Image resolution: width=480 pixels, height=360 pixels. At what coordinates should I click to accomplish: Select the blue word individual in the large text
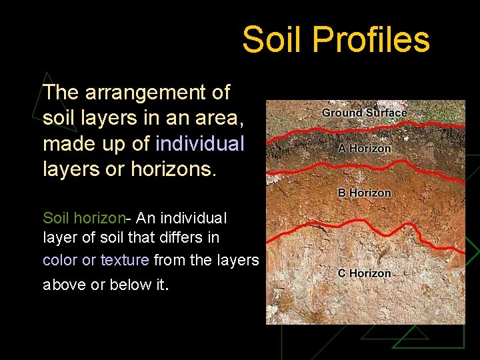tap(200, 143)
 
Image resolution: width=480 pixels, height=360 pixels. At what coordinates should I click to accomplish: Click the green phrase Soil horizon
tap(84, 218)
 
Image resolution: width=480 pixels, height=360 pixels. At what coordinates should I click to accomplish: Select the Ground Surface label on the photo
tap(364, 113)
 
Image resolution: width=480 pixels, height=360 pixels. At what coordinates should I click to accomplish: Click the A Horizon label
tap(364, 149)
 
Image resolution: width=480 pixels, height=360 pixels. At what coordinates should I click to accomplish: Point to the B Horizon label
tap(364, 193)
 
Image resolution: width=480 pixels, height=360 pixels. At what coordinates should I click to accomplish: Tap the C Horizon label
tap(364, 273)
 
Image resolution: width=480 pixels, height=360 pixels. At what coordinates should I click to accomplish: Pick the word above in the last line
tap(64, 285)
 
